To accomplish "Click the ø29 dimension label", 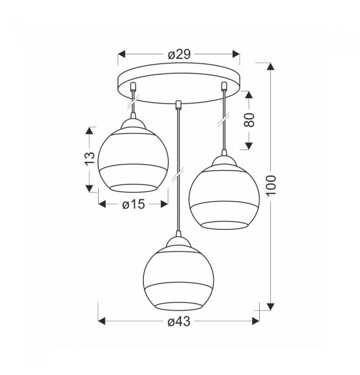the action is coord(179,54).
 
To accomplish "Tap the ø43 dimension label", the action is coord(179,321).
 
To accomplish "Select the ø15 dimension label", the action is coord(133,204).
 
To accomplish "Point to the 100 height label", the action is coord(271,186).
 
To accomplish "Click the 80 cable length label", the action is coord(249,120).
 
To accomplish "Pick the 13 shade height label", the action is coord(90,158).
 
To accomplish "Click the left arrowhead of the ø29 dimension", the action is coord(122,54).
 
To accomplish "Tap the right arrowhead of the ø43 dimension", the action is coord(256,321).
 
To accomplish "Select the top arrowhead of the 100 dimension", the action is coord(270,66).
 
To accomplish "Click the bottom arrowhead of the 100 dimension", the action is coord(270,306).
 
